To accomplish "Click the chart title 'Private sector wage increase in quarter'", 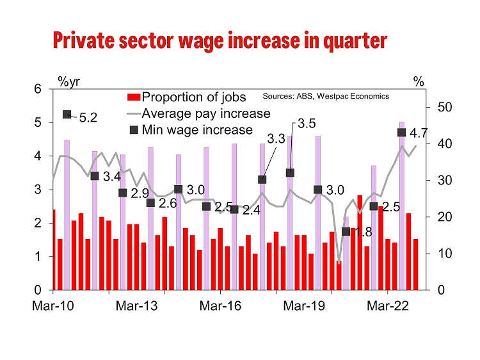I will (220, 41).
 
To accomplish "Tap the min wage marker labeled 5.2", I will (67, 115).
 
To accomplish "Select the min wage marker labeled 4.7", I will (402, 133).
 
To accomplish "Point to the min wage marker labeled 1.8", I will (346, 231).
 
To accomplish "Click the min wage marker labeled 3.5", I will (290, 173).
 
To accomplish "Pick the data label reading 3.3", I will (276, 139).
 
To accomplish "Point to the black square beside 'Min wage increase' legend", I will (133, 130).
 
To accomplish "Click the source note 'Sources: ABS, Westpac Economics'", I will (326, 96).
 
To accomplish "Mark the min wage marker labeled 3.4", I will (94, 176).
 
